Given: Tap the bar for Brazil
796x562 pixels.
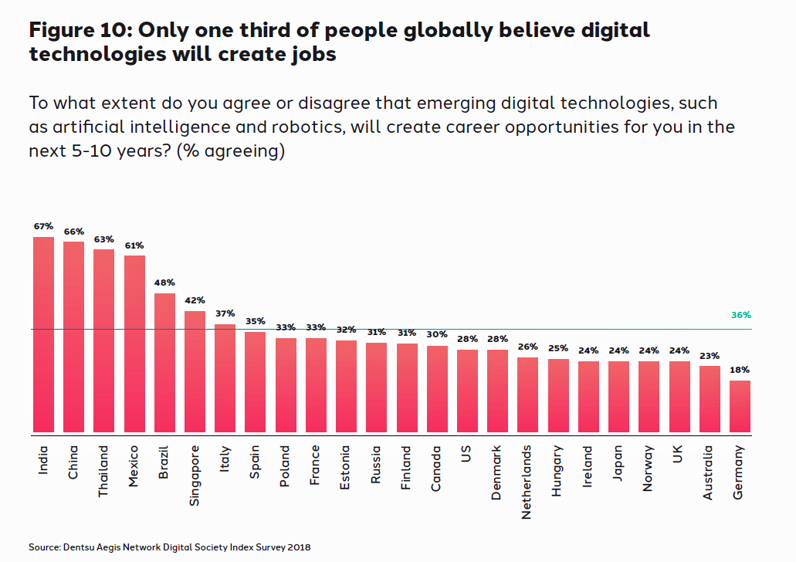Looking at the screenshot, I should pyautogui.click(x=164, y=363).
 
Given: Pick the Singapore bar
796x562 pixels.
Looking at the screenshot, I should pyautogui.click(x=195, y=371).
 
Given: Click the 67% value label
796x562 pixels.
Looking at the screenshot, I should pyautogui.click(x=43, y=226).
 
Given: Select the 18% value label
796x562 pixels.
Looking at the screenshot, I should pyautogui.click(x=740, y=370).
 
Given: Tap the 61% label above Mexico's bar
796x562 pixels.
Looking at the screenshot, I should pyautogui.click(x=134, y=245).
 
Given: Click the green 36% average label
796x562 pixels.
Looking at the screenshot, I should pyautogui.click(x=740, y=315).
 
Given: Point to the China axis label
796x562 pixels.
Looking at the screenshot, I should pyautogui.click(x=73, y=462).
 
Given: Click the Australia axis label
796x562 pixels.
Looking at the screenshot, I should pyautogui.click(x=709, y=472).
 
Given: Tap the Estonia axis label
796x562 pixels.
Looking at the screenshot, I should pyautogui.click(x=346, y=466).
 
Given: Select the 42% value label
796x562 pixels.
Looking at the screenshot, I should pyautogui.click(x=195, y=300).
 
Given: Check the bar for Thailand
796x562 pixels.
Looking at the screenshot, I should pyautogui.click(x=103, y=340).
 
